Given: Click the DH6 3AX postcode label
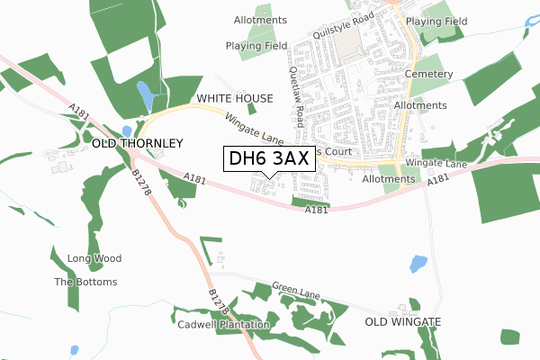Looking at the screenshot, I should click(x=269, y=157).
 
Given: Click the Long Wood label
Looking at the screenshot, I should click(x=94, y=259).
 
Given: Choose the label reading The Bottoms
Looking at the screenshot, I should click(x=85, y=282).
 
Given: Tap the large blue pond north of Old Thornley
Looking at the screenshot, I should click(x=145, y=94).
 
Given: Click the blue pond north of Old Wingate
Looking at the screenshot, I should click(x=418, y=264).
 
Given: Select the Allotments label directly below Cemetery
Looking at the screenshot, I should click(x=419, y=105).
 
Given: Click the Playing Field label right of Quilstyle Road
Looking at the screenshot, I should click(x=436, y=20).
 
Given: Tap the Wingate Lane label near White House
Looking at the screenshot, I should click(x=254, y=127).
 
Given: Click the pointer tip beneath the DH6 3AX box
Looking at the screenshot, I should click(x=269, y=176).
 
